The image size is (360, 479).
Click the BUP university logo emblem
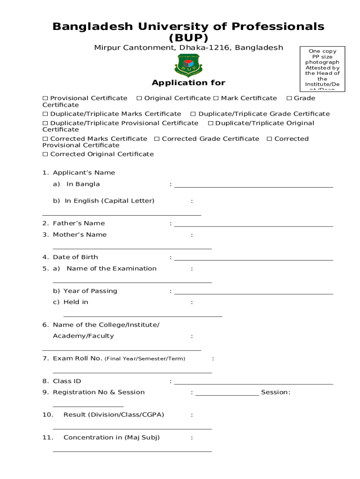pyautogui.click(x=188, y=65)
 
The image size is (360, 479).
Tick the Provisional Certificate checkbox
pyautogui.click(x=45, y=98)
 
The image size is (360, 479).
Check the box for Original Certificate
pyautogui.click(x=139, y=98)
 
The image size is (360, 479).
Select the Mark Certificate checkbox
pyautogui.click(x=216, y=98)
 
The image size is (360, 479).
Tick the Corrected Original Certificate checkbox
pyautogui.click(x=45, y=154)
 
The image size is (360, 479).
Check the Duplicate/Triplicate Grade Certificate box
pyautogui.click(x=193, y=114)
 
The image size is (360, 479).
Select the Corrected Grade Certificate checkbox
pyautogui.click(x=157, y=139)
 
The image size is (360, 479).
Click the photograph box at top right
pyautogui.click(x=322, y=69)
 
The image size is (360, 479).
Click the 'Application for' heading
pyautogui.click(x=188, y=83)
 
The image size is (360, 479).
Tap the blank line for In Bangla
pyautogui.click(x=253, y=186)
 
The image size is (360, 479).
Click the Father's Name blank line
pyautogui.click(x=253, y=225)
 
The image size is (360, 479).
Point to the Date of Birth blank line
pyautogui.click(x=253, y=259)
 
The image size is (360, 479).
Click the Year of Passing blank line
pyautogui.click(x=253, y=293)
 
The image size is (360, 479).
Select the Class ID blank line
pyautogui.click(x=253, y=383)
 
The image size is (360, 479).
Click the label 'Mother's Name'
pyautogui.click(x=79, y=235)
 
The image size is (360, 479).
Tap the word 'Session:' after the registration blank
pyautogui.click(x=275, y=392)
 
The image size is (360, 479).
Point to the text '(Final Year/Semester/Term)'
pyautogui.click(x=144, y=359)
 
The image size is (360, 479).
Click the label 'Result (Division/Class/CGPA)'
pyautogui.click(x=114, y=415)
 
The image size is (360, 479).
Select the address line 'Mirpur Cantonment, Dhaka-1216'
pyautogui.click(x=188, y=48)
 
